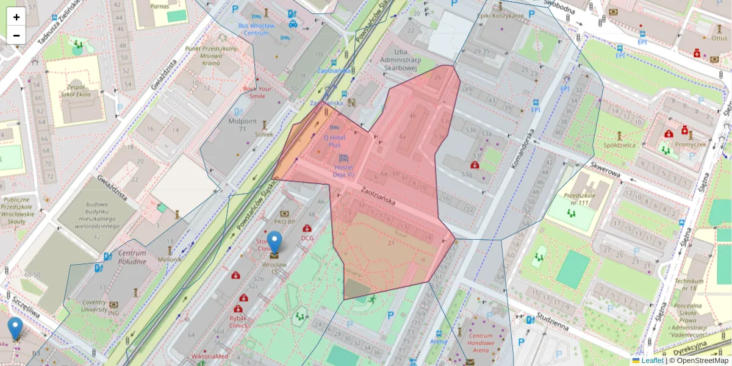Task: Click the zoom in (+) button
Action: click(16, 17)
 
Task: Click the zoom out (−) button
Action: click(16, 35)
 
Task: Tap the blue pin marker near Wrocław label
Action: click(275, 242)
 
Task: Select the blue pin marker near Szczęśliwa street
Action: click(15, 328)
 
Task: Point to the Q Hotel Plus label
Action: click(334, 141)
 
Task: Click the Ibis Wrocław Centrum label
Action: click(257, 29)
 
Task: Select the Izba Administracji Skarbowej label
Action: click(401, 60)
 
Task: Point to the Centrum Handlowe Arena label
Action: click(481, 343)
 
